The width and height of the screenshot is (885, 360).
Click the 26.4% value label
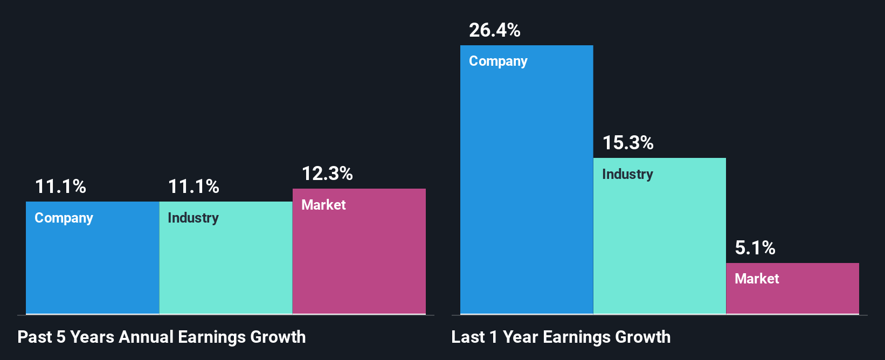(x=494, y=30)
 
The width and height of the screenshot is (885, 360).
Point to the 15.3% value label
(x=627, y=143)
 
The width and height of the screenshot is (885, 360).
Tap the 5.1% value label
(x=755, y=248)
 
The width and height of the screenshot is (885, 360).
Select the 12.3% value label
(x=327, y=174)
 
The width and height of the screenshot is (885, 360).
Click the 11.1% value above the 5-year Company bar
(x=60, y=186)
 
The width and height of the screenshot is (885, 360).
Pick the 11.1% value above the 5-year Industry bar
(x=193, y=186)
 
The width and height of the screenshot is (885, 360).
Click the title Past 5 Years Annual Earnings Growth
(x=161, y=337)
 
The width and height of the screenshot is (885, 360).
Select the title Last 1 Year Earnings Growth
(x=561, y=337)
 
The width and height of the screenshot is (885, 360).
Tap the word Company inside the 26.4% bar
(x=498, y=61)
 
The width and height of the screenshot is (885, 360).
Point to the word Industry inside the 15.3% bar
(x=627, y=174)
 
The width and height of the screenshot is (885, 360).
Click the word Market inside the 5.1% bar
(x=757, y=279)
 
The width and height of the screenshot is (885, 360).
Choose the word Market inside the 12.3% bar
(x=323, y=205)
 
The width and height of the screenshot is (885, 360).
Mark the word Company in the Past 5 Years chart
(x=64, y=218)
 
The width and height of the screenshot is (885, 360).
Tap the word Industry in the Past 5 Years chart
(x=193, y=218)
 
